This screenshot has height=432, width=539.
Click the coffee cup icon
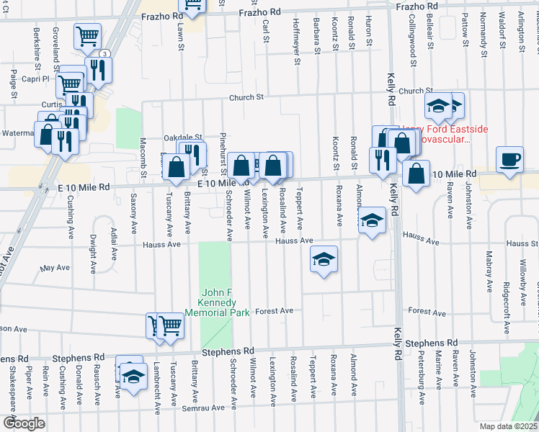(x=510, y=159)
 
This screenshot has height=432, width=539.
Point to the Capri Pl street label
(x=34, y=79)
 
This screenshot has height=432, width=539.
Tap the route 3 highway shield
(x=105, y=54)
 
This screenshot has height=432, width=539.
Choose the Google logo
(x=24, y=423)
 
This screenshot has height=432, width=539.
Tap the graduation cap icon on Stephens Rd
(x=133, y=377)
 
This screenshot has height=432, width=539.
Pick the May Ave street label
(x=55, y=267)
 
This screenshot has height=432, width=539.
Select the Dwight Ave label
(x=93, y=255)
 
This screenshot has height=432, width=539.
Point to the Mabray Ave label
(x=489, y=271)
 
